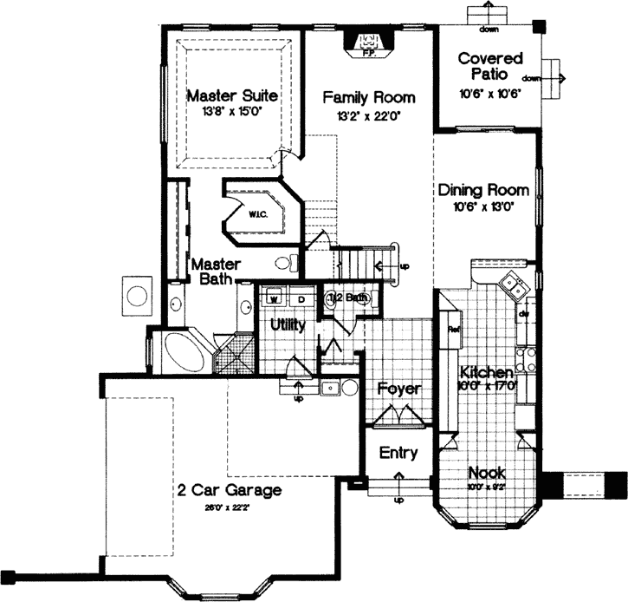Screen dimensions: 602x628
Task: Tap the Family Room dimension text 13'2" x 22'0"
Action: (x=363, y=115)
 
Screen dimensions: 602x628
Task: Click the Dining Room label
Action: (x=478, y=190)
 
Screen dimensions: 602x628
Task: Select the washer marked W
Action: (x=273, y=299)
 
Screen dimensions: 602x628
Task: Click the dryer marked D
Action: (x=301, y=299)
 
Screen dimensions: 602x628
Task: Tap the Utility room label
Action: (x=287, y=324)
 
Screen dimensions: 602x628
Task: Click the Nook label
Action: (x=485, y=473)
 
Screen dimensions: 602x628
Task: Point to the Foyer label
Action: (x=398, y=389)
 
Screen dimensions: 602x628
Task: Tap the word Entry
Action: (x=398, y=452)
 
